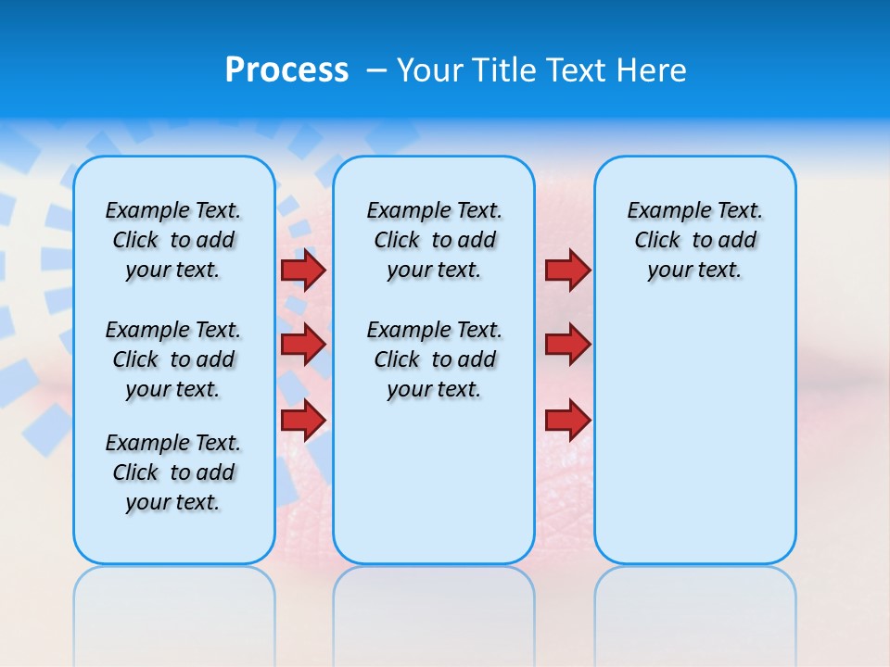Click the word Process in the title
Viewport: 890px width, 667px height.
[x=286, y=70]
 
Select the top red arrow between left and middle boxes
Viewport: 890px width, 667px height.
[x=303, y=271]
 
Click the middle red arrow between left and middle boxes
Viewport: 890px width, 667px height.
[x=303, y=345]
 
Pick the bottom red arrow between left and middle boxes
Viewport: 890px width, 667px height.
[x=303, y=420]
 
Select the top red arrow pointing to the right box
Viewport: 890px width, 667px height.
[x=567, y=271]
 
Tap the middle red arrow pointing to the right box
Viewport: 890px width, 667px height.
[x=567, y=345]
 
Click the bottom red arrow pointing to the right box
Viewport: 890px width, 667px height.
[x=567, y=420]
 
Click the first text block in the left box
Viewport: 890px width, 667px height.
[x=173, y=240]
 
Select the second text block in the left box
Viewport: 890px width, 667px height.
[x=173, y=359]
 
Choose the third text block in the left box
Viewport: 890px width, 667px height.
[x=173, y=472]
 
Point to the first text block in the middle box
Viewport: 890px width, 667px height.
[x=434, y=240]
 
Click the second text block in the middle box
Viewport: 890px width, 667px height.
[x=434, y=359]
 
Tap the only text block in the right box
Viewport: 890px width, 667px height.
[x=694, y=240]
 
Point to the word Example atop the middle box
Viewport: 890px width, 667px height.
[x=400, y=211]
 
